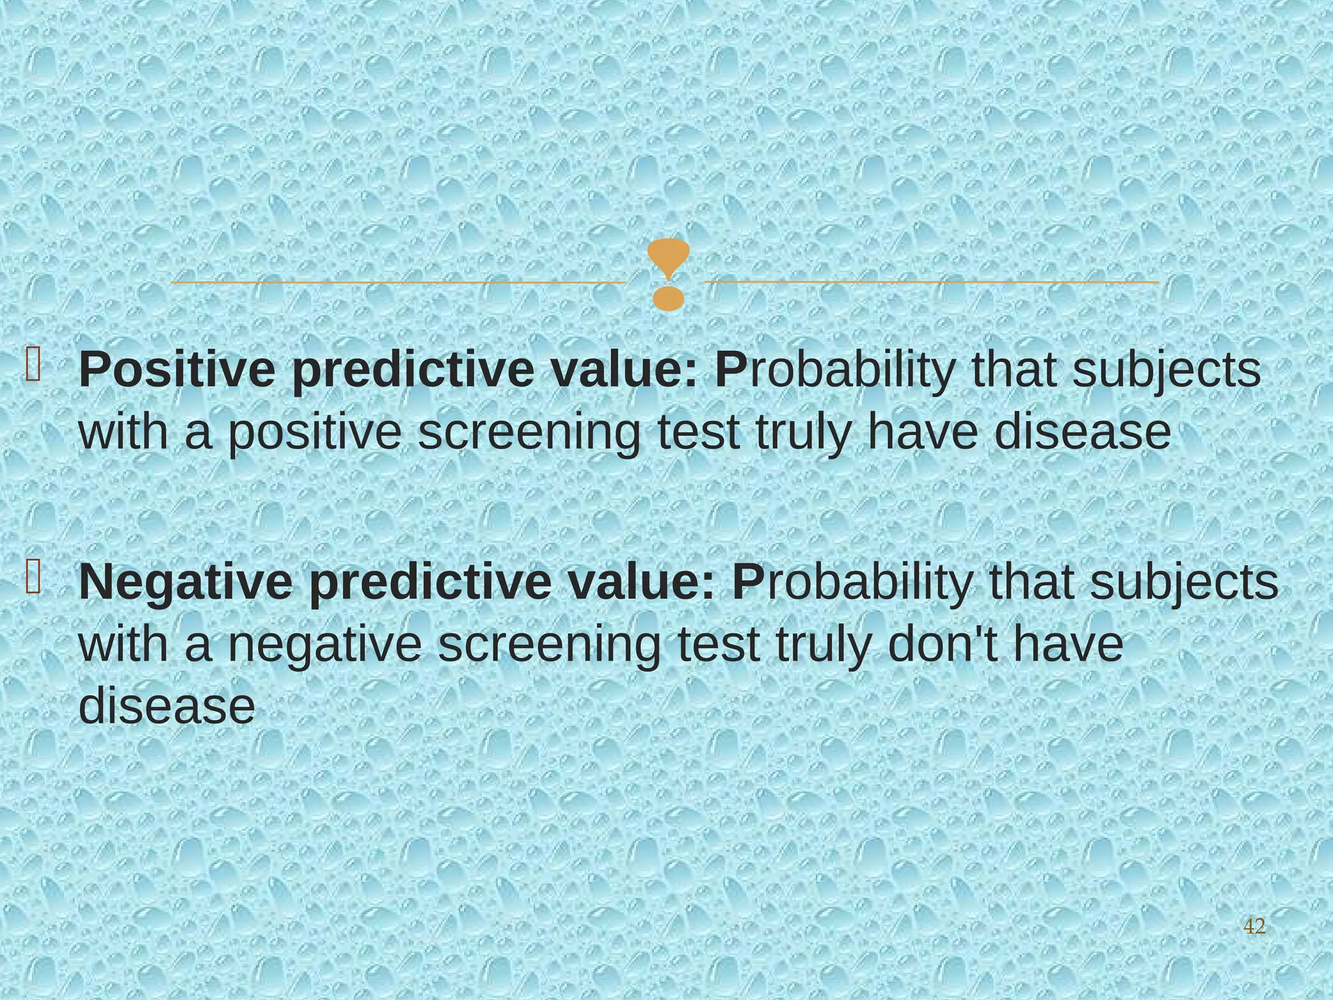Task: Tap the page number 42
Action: pyautogui.click(x=1254, y=926)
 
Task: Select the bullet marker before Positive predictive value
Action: pyautogui.click(x=33, y=365)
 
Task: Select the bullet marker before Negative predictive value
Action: pyautogui.click(x=33, y=577)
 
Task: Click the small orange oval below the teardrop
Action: pyautogui.click(x=668, y=298)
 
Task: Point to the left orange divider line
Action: pyautogui.click(x=397, y=283)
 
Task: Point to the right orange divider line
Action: pyautogui.click(x=931, y=283)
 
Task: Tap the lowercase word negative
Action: pyautogui.click(x=325, y=646)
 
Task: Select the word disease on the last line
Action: pyautogui.click(x=167, y=706)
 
